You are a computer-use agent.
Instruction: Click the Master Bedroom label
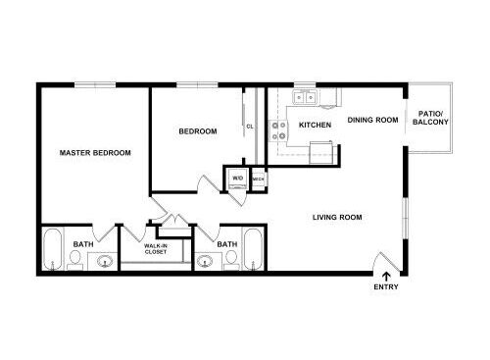[x=95, y=153]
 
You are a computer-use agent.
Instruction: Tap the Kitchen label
[x=315, y=125]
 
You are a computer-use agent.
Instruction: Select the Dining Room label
[x=372, y=120]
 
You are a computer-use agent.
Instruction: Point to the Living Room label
[x=337, y=217]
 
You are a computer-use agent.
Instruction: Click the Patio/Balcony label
[x=430, y=118]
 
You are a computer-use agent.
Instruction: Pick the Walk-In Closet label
[x=156, y=249]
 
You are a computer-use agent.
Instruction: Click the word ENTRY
[x=386, y=287]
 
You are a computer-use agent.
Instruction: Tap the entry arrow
[x=386, y=277]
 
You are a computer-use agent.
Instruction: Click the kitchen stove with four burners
[x=278, y=130]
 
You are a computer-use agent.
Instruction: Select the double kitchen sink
[x=305, y=97]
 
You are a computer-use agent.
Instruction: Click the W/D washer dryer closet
[x=237, y=179]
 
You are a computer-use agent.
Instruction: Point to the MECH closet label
[x=258, y=180]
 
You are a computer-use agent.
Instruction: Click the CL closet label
[x=250, y=127]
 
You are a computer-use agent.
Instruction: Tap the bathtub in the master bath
[x=53, y=249]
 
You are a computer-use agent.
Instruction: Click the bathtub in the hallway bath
[x=254, y=249]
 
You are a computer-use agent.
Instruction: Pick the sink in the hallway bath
[x=205, y=261]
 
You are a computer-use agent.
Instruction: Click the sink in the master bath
[x=105, y=261]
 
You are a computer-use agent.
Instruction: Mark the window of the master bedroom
[x=95, y=85]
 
